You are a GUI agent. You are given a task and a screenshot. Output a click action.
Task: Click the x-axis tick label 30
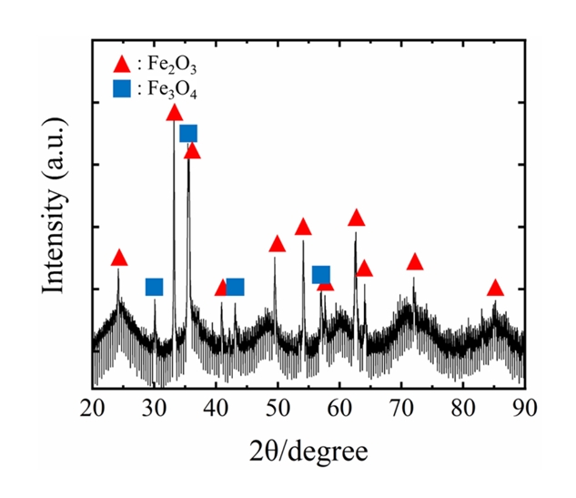point(155,406)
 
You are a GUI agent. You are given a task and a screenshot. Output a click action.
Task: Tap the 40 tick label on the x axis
point(216,406)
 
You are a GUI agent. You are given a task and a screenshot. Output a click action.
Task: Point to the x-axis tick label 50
point(278,406)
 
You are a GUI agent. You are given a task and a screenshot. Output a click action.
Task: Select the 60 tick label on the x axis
point(339,406)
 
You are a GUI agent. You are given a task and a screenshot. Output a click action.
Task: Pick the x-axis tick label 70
point(401,406)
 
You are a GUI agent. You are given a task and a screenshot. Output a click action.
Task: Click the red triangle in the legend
point(119,65)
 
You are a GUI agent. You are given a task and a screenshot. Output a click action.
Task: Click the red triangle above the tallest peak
point(175,113)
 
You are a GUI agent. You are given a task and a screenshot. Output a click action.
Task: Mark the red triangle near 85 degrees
point(495,289)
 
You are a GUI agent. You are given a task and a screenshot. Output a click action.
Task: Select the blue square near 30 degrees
point(154,288)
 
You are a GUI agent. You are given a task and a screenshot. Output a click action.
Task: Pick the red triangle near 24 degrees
point(118,259)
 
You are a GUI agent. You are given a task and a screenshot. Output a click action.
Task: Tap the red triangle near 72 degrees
point(415,262)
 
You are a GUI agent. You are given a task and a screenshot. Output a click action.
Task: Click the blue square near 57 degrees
point(320,275)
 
